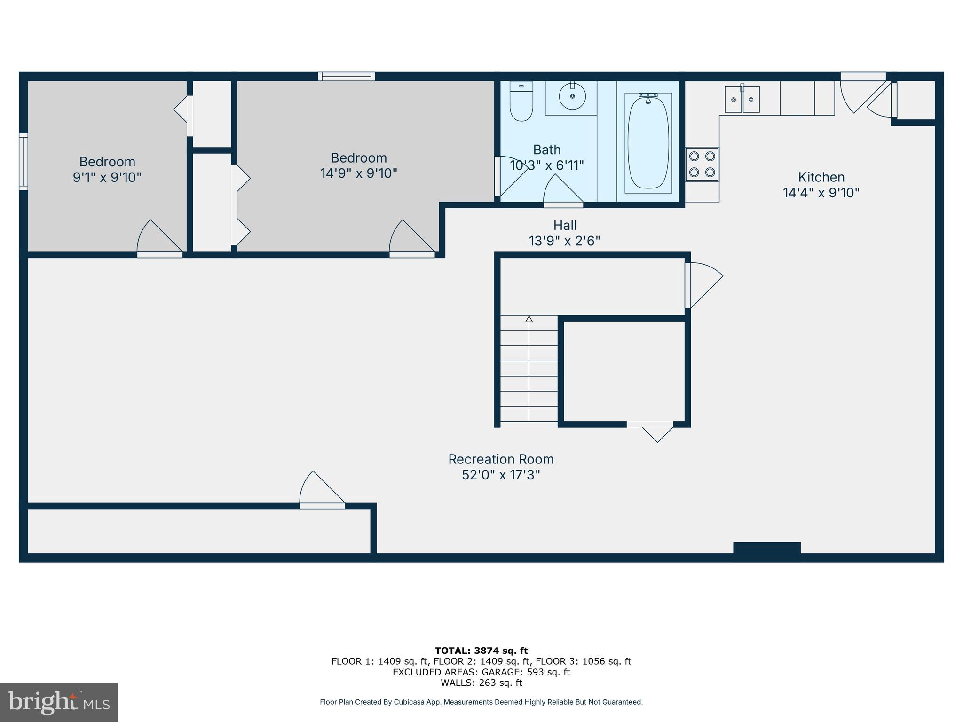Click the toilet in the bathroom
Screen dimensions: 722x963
tap(521, 102)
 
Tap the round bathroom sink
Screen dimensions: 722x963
tap(572, 96)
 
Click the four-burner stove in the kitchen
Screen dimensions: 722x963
tap(702, 164)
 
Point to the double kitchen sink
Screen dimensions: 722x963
tap(742, 99)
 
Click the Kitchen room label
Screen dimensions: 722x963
tap(821, 177)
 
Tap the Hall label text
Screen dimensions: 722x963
tap(564, 225)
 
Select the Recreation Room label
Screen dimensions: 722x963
tap(500, 459)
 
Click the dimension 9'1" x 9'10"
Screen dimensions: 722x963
tap(107, 178)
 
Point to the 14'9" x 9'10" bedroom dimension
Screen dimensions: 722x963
tap(358, 173)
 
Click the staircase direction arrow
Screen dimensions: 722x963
tap(529, 320)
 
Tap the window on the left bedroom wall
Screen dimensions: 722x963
tap(23, 162)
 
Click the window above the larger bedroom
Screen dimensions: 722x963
tap(347, 76)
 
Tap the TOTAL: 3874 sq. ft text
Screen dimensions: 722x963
tap(481, 651)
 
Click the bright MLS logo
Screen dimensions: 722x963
tap(59, 703)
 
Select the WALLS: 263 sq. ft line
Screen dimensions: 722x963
tap(481, 683)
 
